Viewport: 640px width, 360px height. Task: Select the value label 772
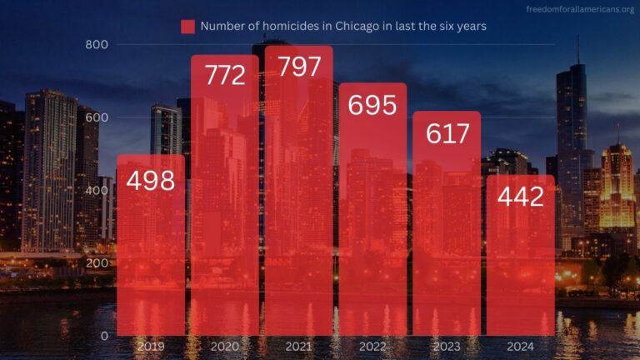point(225,76)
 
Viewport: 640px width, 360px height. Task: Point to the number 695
point(372,105)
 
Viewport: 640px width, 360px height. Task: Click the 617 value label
point(447,132)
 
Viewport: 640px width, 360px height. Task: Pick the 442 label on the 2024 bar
point(520,197)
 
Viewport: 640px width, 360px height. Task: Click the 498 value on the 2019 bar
point(151,179)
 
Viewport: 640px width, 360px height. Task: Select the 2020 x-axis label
point(225,346)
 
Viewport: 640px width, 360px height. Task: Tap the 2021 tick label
point(298,346)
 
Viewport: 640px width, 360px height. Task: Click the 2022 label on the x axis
point(372,346)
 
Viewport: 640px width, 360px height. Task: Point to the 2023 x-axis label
point(447,346)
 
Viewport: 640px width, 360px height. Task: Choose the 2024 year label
point(520,346)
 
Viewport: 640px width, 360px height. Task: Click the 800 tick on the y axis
point(97,44)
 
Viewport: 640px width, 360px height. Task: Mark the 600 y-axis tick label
point(97,117)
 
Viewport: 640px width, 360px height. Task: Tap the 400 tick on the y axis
point(97,191)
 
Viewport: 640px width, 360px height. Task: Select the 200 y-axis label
point(97,263)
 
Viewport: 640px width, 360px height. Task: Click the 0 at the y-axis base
point(104,336)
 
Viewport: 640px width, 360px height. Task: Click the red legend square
point(187,27)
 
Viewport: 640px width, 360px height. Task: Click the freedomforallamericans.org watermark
point(580,10)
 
